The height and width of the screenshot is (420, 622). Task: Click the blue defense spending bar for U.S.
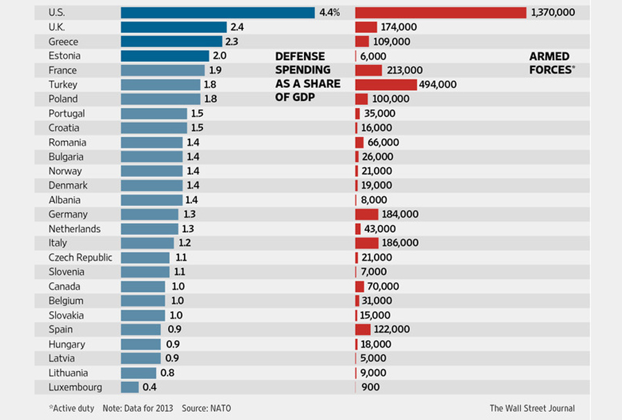pyautogui.click(x=218, y=12)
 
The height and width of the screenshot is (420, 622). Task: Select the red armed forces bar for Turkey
pyautogui.click(x=386, y=84)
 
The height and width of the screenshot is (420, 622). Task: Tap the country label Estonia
pyautogui.click(x=64, y=56)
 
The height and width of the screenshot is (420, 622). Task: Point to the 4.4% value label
pyautogui.click(x=330, y=12)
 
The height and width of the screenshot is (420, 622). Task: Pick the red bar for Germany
pyautogui.click(x=367, y=214)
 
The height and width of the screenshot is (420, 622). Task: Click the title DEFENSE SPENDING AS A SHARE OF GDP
pyautogui.click(x=308, y=77)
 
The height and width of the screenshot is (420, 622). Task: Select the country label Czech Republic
pyautogui.click(x=80, y=257)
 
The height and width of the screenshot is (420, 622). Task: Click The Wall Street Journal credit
pyautogui.click(x=532, y=408)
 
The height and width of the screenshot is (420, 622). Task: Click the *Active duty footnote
pyautogui.click(x=71, y=408)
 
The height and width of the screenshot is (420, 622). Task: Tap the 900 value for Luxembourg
pyautogui.click(x=370, y=387)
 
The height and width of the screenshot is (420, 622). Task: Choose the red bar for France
pyautogui.click(x=368, y=70)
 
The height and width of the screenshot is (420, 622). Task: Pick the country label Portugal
pyautogui.click(x=66, y=113)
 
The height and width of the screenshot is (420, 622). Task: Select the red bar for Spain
pyautogui.click(x=363, y=330)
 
